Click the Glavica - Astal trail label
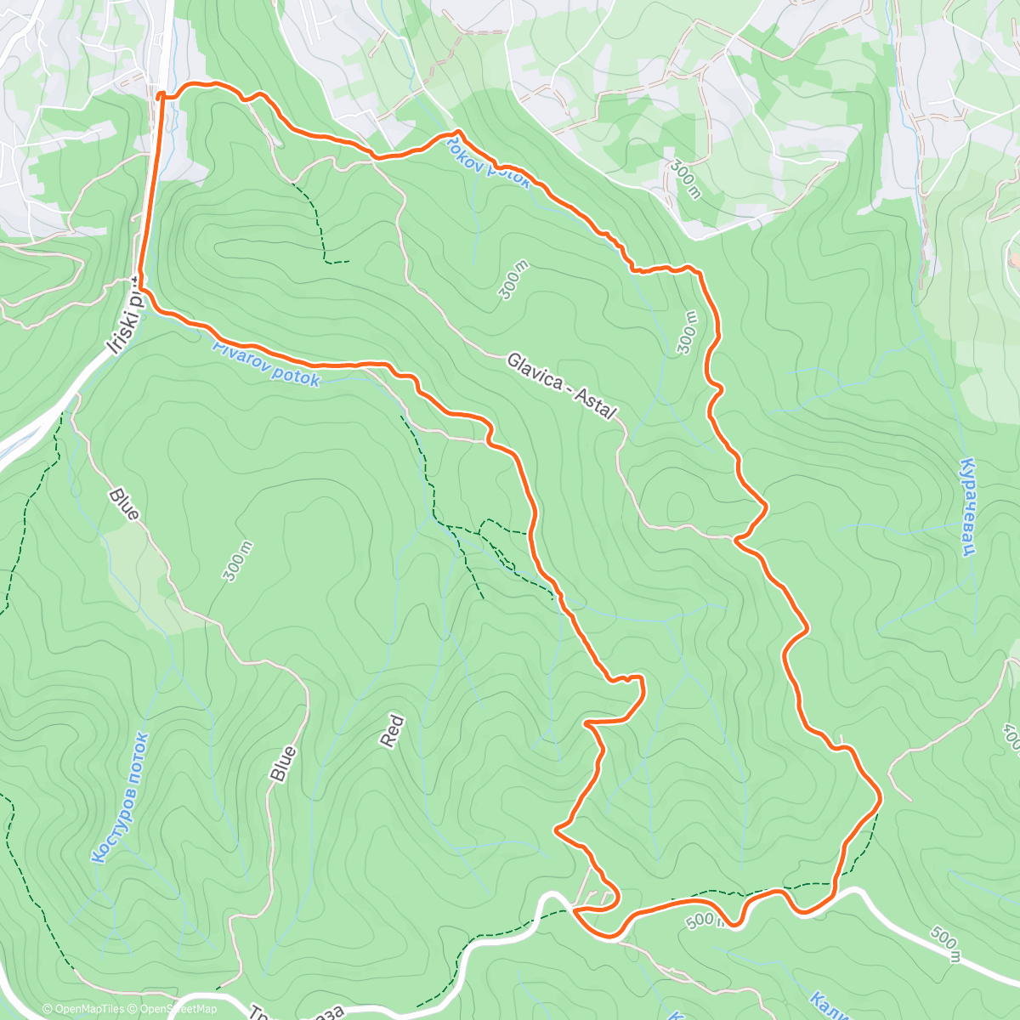(x=561, y=385)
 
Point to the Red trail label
(x=391, y=732)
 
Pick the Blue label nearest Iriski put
(x=124, y=502)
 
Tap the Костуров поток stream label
(x=120, y=798)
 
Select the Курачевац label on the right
(x=966, y=507)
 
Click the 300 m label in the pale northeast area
(x=684, y=178)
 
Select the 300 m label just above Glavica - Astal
(x=515, y=281)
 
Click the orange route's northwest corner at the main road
(x=160, y=96)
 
